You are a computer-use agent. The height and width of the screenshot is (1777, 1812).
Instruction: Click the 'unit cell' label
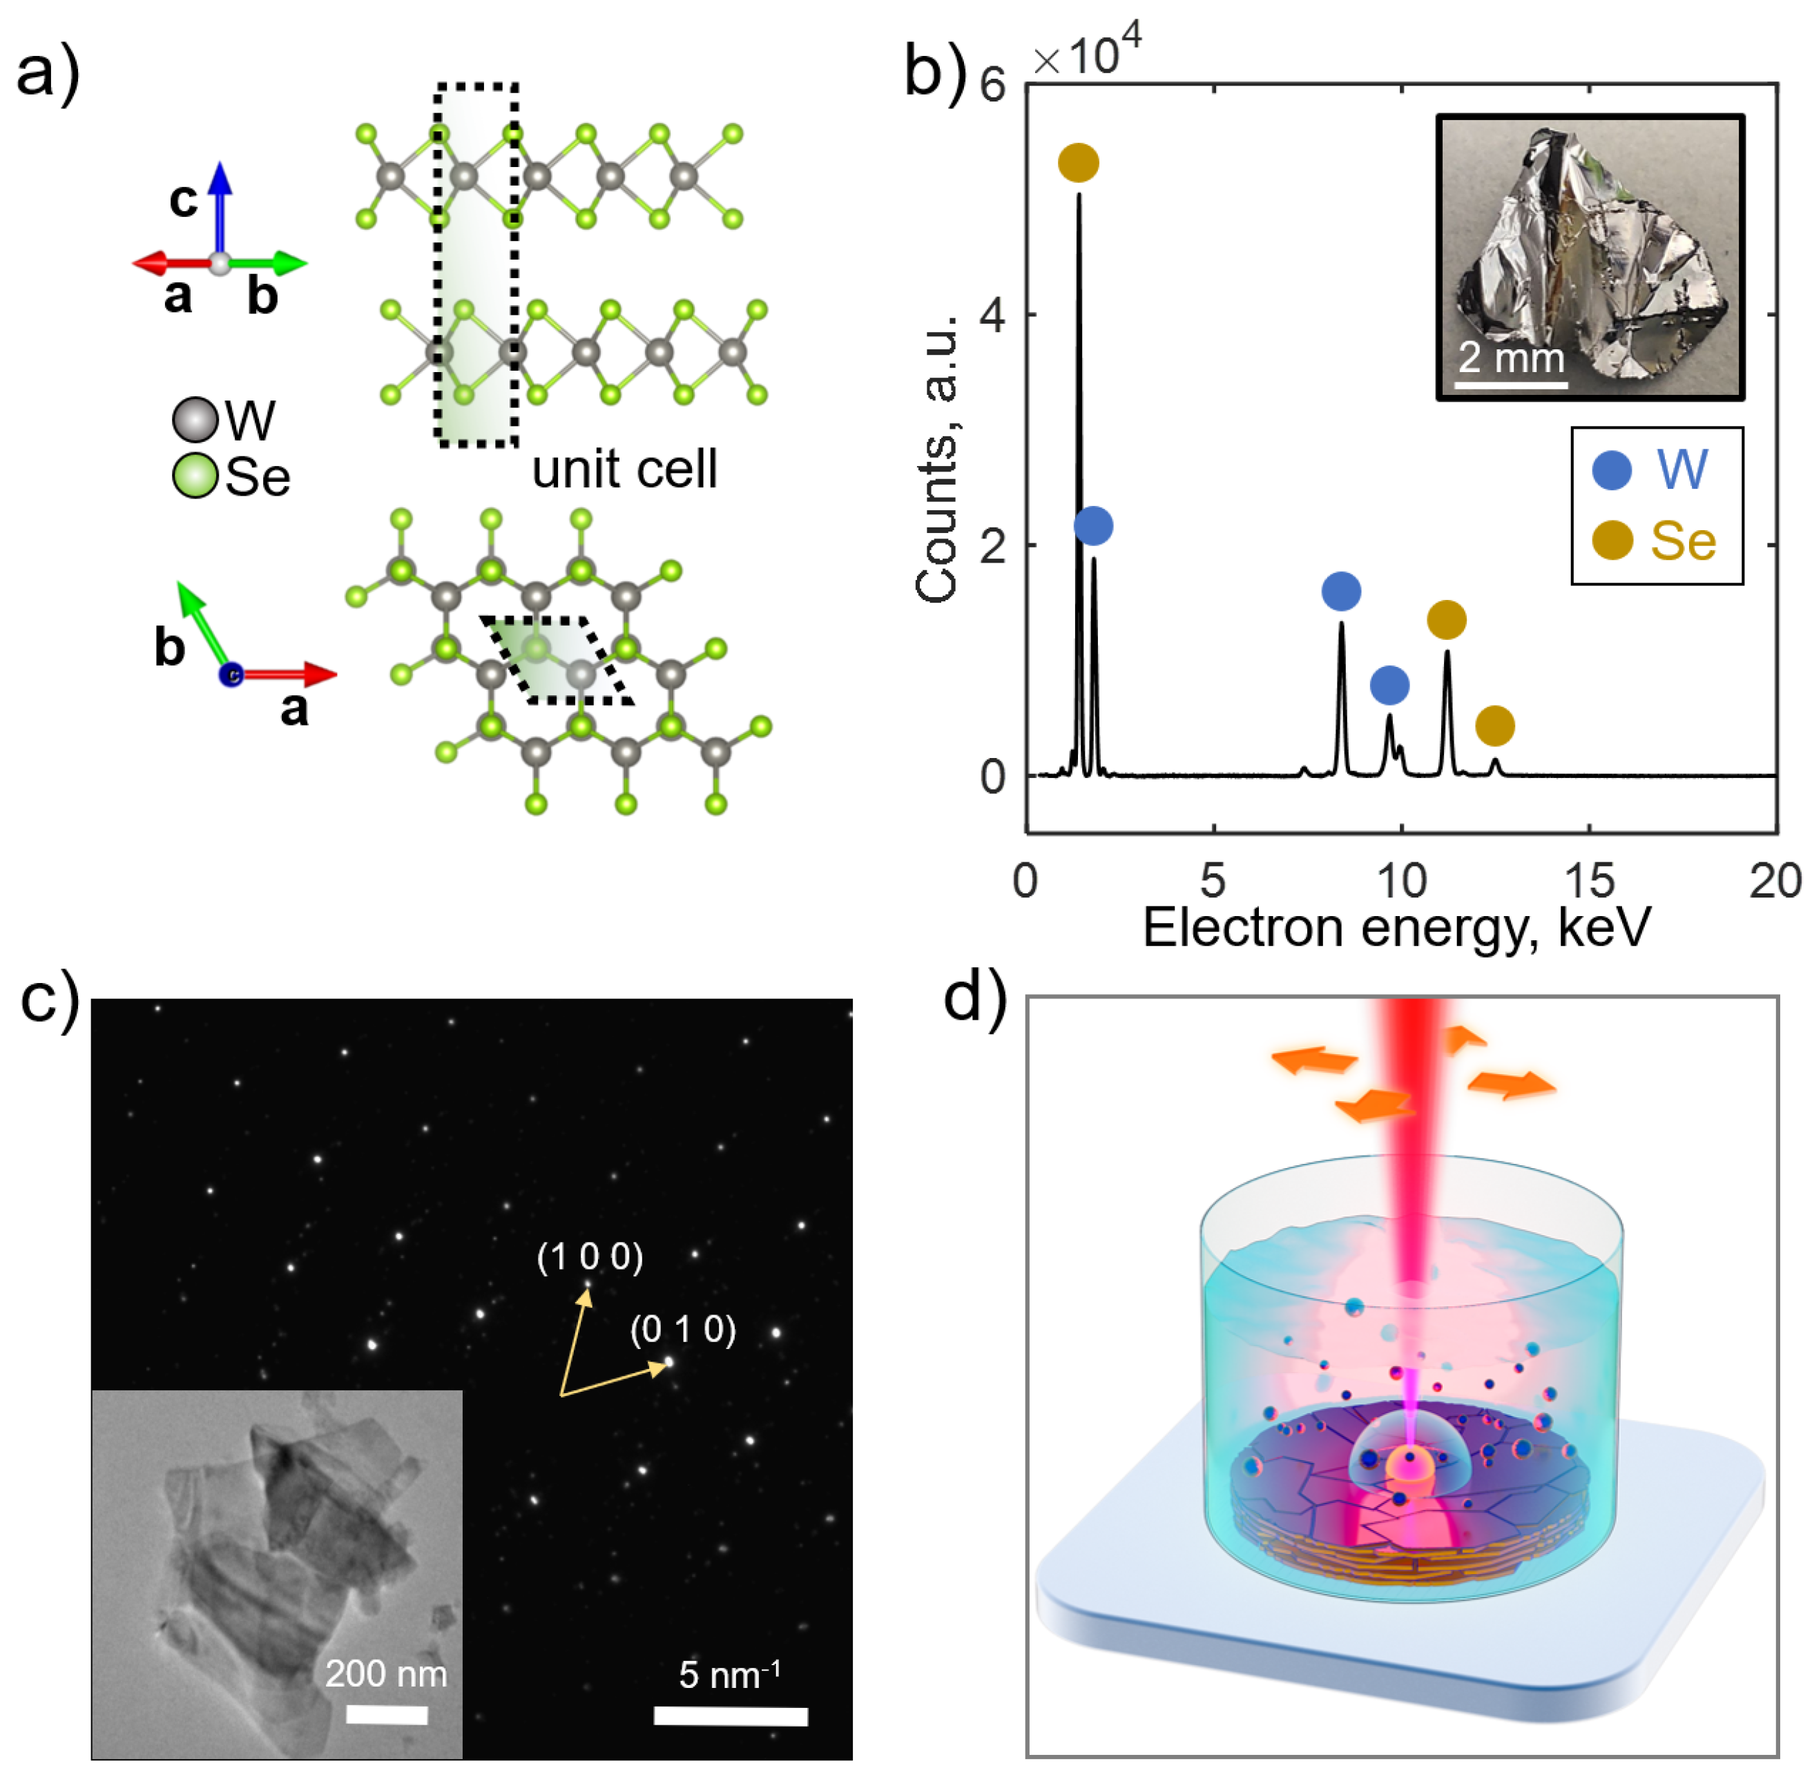point(624,469)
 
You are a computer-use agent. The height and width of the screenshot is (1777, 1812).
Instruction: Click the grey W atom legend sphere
point(195,420)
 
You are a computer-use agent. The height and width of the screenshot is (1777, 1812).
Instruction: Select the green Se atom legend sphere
point(195,476)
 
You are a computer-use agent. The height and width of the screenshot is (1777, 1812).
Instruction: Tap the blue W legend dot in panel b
point(1611,469)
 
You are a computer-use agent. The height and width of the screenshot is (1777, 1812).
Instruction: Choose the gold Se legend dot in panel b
point(1611,541)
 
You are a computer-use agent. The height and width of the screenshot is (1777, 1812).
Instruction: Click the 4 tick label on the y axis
point(992,315)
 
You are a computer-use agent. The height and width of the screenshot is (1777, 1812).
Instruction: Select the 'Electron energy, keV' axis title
point(1396,928)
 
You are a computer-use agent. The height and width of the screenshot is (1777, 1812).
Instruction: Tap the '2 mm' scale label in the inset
point(1510,358)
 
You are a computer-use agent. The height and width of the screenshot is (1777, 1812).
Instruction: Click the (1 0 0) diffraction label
point(590,1257)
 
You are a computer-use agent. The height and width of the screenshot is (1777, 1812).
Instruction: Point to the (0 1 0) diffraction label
point(682,1329)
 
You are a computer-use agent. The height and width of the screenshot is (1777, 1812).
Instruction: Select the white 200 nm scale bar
point(387,1714)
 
